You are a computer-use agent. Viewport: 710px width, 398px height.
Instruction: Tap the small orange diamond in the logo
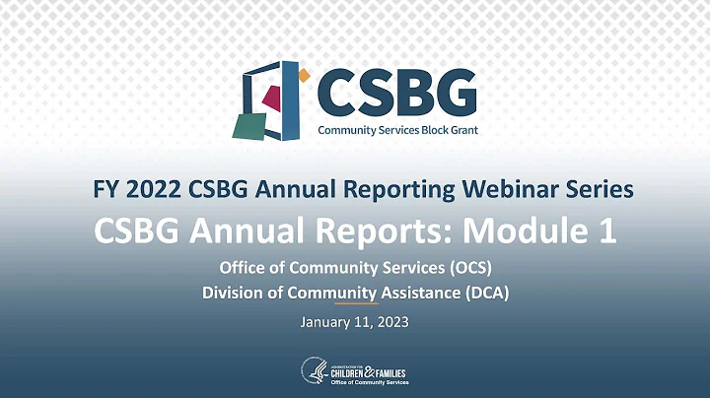(304, 74)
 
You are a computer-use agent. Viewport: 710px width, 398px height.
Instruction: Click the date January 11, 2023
(355, 321)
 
